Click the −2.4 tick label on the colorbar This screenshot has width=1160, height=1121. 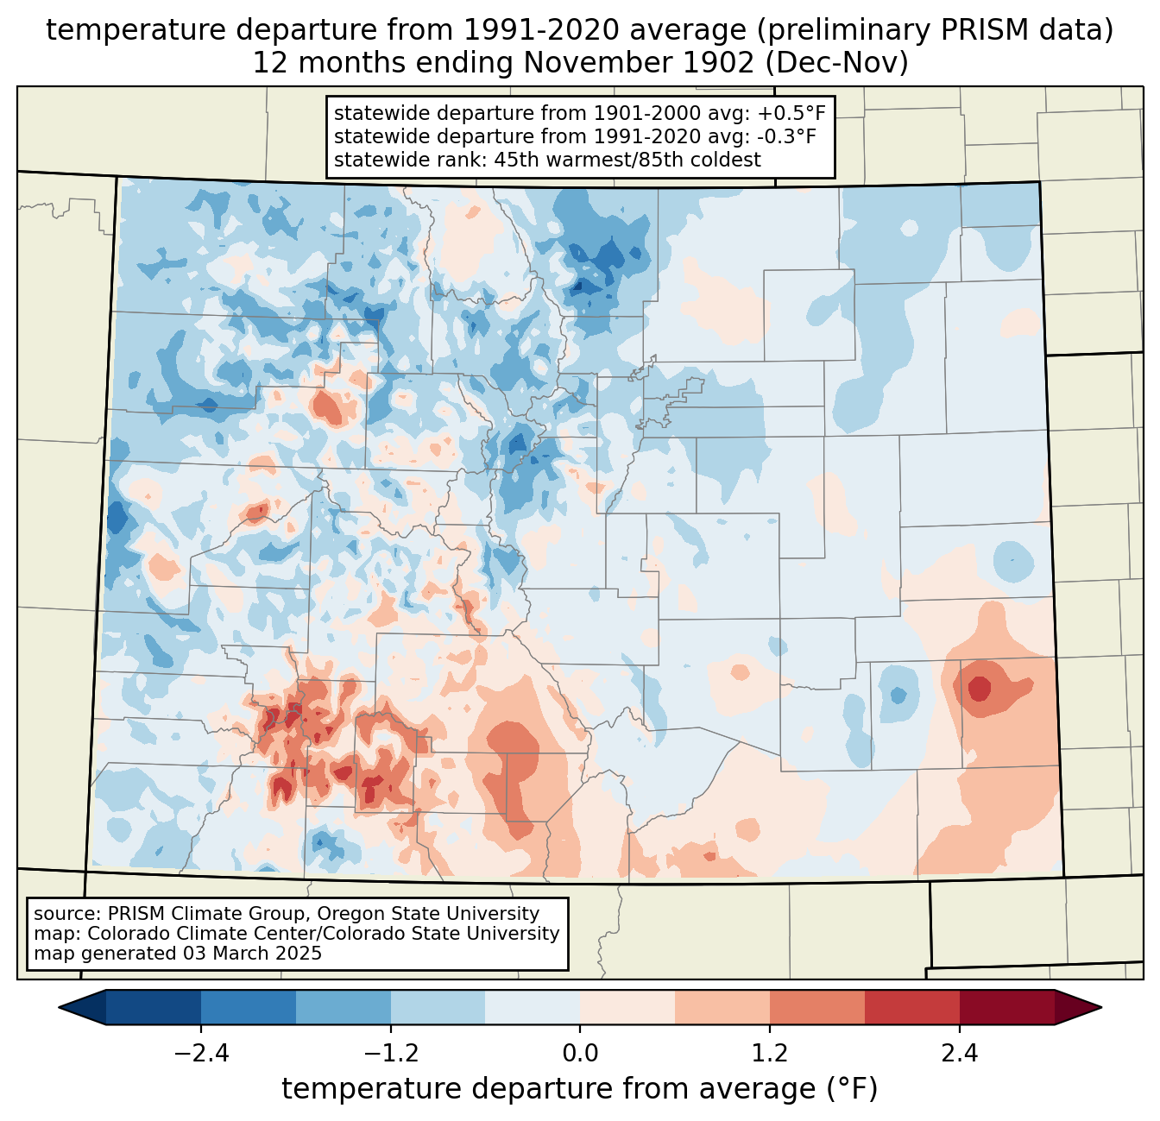(x=201, y=1054)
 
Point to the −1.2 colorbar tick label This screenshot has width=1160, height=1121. (x=390, y=1054)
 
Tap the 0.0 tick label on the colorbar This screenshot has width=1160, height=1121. (x=580, y=1054)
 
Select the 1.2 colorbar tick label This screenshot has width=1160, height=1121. (x=770, y=1054)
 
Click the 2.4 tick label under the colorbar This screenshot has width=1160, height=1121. (x=959, y=1054)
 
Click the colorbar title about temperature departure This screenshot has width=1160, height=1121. (x=580, y=1090)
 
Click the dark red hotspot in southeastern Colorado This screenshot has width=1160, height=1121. (x=980, y=689)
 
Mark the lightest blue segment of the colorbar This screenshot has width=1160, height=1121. (x=533, y=1007)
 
